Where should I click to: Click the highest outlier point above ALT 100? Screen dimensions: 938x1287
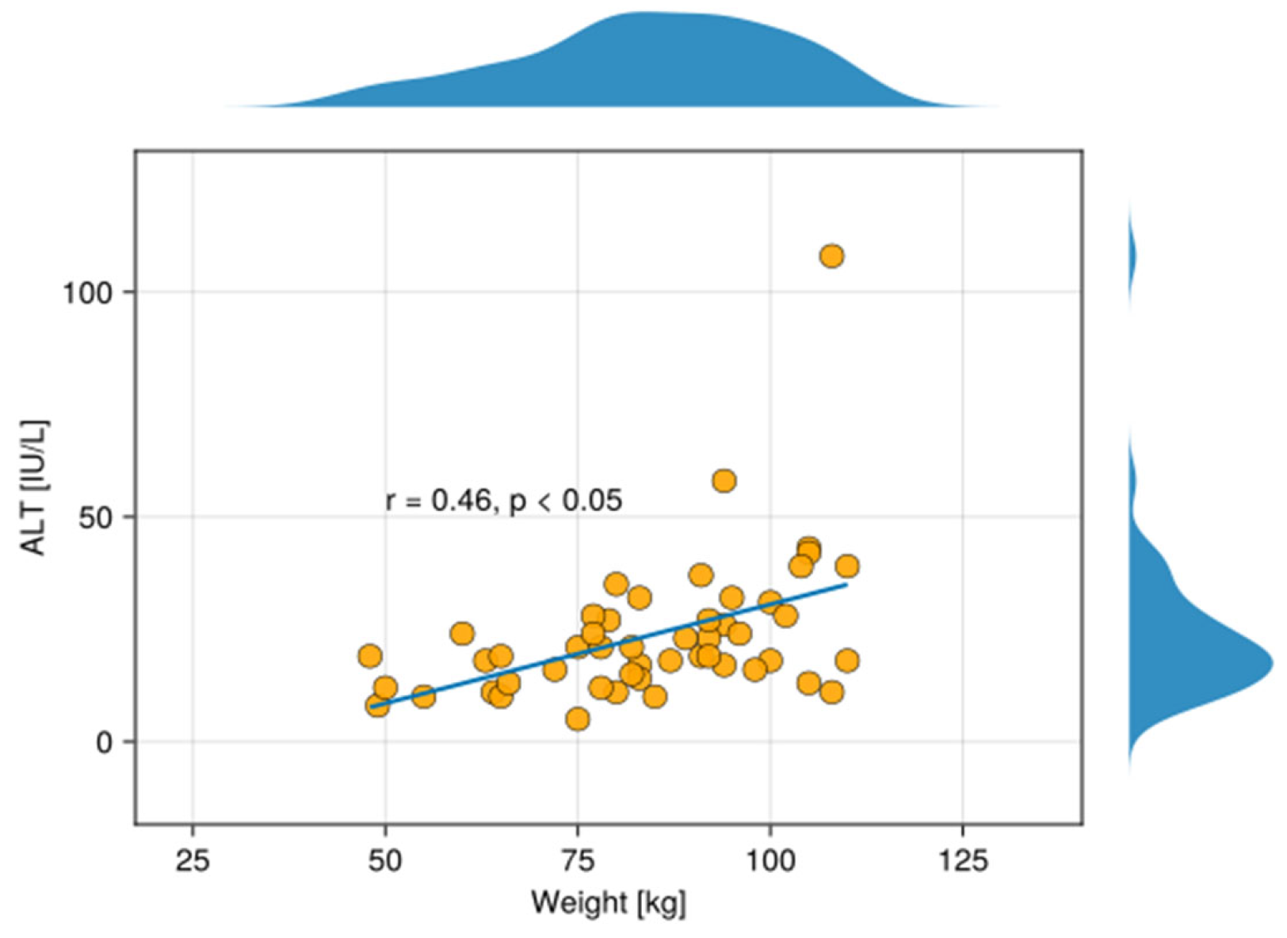[x=831, y=256]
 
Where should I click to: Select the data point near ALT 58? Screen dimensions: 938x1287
[x=724, y=481]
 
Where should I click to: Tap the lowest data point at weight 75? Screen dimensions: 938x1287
[x=578, y=719]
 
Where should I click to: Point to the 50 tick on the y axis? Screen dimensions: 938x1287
[x=96, y=517]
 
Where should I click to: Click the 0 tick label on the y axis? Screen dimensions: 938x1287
[x=105, y=743]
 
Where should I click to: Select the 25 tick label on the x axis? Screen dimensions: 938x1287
[x=193, y=860]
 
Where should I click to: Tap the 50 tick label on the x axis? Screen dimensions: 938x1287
[x=385, y=860]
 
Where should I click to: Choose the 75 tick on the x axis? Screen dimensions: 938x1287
[x=578, y=860]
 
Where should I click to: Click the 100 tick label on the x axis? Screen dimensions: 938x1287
[x=770, y=860]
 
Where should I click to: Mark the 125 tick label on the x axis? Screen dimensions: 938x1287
[x=963, y=860]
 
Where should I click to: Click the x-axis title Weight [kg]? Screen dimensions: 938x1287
[x=608, y=902]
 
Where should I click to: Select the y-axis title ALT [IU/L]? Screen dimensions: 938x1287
[x=34, y=487]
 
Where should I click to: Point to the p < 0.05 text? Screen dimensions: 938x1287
[x=565, y=501]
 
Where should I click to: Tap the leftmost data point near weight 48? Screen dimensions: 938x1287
[x=370, y=656]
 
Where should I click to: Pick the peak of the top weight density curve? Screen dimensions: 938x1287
[x=642, y=13]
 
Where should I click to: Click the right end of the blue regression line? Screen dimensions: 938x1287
[x=846, y=585]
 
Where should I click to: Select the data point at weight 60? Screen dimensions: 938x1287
[x=462, y=634]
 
